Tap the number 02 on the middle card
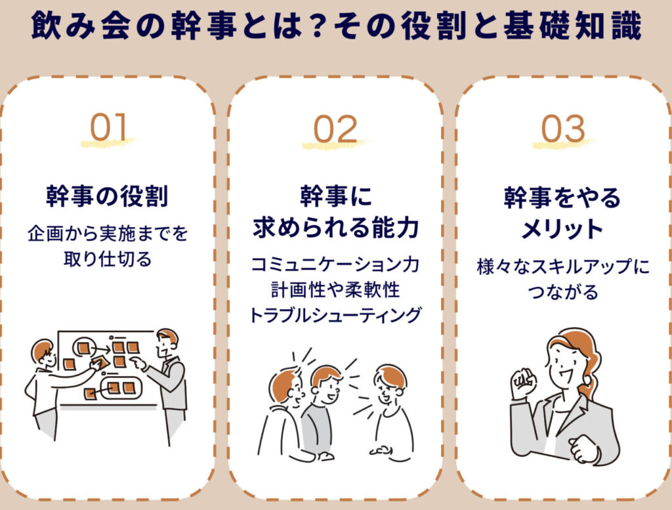coord(335,129)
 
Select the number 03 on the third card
coord(563,129)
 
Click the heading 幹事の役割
coord(107,196)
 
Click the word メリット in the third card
coord(562,228)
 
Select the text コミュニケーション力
coord(335,265)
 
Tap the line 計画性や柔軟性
coord(335,290)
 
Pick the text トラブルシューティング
coord(335,315)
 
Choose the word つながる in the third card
coord(563,291)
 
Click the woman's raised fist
coord(523,383)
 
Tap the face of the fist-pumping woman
coord(563,364)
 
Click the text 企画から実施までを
coord(108,234)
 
